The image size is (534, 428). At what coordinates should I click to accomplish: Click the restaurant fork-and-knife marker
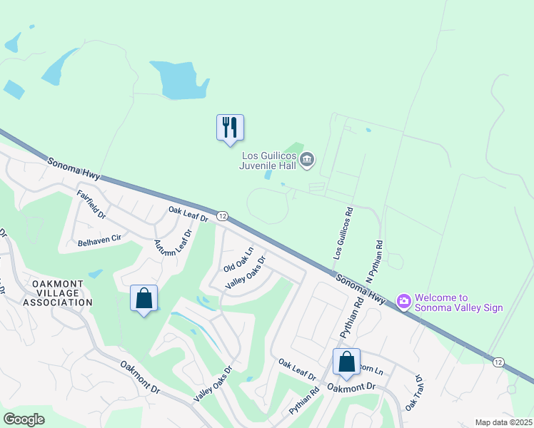pyautogui.click(x=230, y=128)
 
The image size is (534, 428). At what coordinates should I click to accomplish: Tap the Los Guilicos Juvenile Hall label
pyautogui.click(x=268, y=160)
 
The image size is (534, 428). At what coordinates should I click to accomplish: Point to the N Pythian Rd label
pyautogui.click(x=374, y=261)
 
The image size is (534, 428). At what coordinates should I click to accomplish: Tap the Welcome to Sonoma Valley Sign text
pyautogui.click(x=459, y=302)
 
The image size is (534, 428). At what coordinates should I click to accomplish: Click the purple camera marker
pyautogui.click(x=403, y=302)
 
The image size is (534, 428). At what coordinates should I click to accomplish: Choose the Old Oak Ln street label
pyautogui.click(x=238, y=260)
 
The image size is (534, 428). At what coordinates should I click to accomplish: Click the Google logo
pyautogui.click(x=24, y=419)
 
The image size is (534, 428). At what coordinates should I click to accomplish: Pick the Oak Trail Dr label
pyautogui.click(x=414, y=393)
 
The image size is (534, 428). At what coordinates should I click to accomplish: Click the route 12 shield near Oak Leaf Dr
pyautogui.click(x=222, y=216)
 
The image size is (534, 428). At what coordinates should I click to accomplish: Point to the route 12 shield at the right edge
pyautogui.click(x=498, y=362)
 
